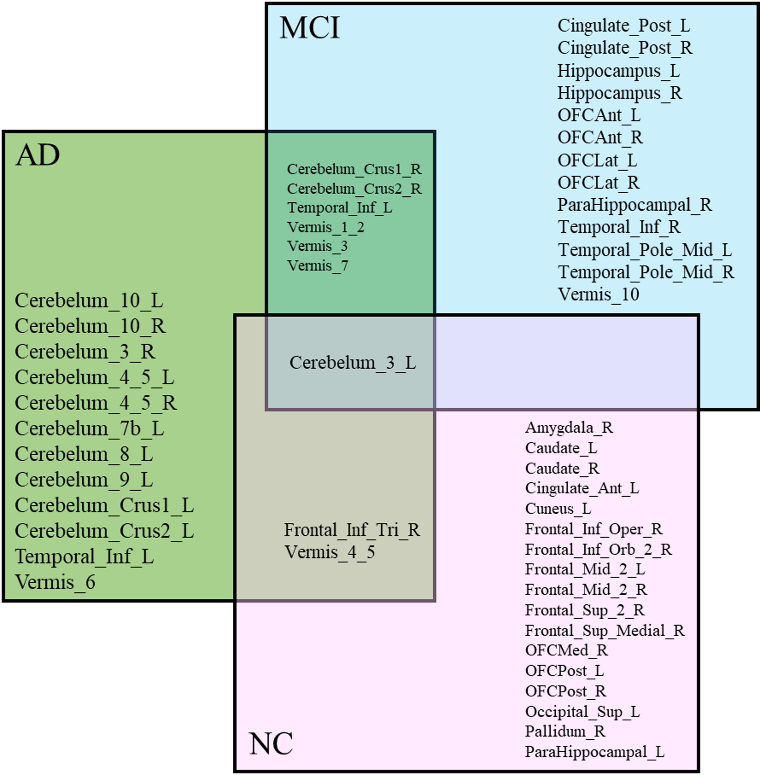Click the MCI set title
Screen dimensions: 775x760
click(310, 28)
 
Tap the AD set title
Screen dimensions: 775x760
click(38, 155)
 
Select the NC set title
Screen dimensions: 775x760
click(271, 744)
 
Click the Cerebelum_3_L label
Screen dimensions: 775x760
click(352, 363)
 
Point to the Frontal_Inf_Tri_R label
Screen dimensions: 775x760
click(352, 530)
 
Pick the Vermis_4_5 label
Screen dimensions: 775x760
click(330, 552)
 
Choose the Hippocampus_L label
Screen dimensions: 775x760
click(618, 71)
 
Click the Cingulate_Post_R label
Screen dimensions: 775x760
click(625, 48)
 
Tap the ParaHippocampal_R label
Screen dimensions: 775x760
click(634, 205)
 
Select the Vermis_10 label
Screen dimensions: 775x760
click(598, 294)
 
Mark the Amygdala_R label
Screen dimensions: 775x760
click(569, 427)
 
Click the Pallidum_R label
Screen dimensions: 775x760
click(565, 731)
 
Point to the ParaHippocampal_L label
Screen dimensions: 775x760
click(594, 752)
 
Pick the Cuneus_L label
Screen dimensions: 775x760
click(558, 509)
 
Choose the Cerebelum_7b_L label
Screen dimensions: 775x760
click(89, 428)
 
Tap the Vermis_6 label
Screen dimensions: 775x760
click(55, 582)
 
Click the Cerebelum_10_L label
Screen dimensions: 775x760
click(89, 301)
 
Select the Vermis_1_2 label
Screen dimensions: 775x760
click(325, 227)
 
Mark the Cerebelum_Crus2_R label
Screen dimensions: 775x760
click(354, 189)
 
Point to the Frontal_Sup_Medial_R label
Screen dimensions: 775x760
click(605, 630)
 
